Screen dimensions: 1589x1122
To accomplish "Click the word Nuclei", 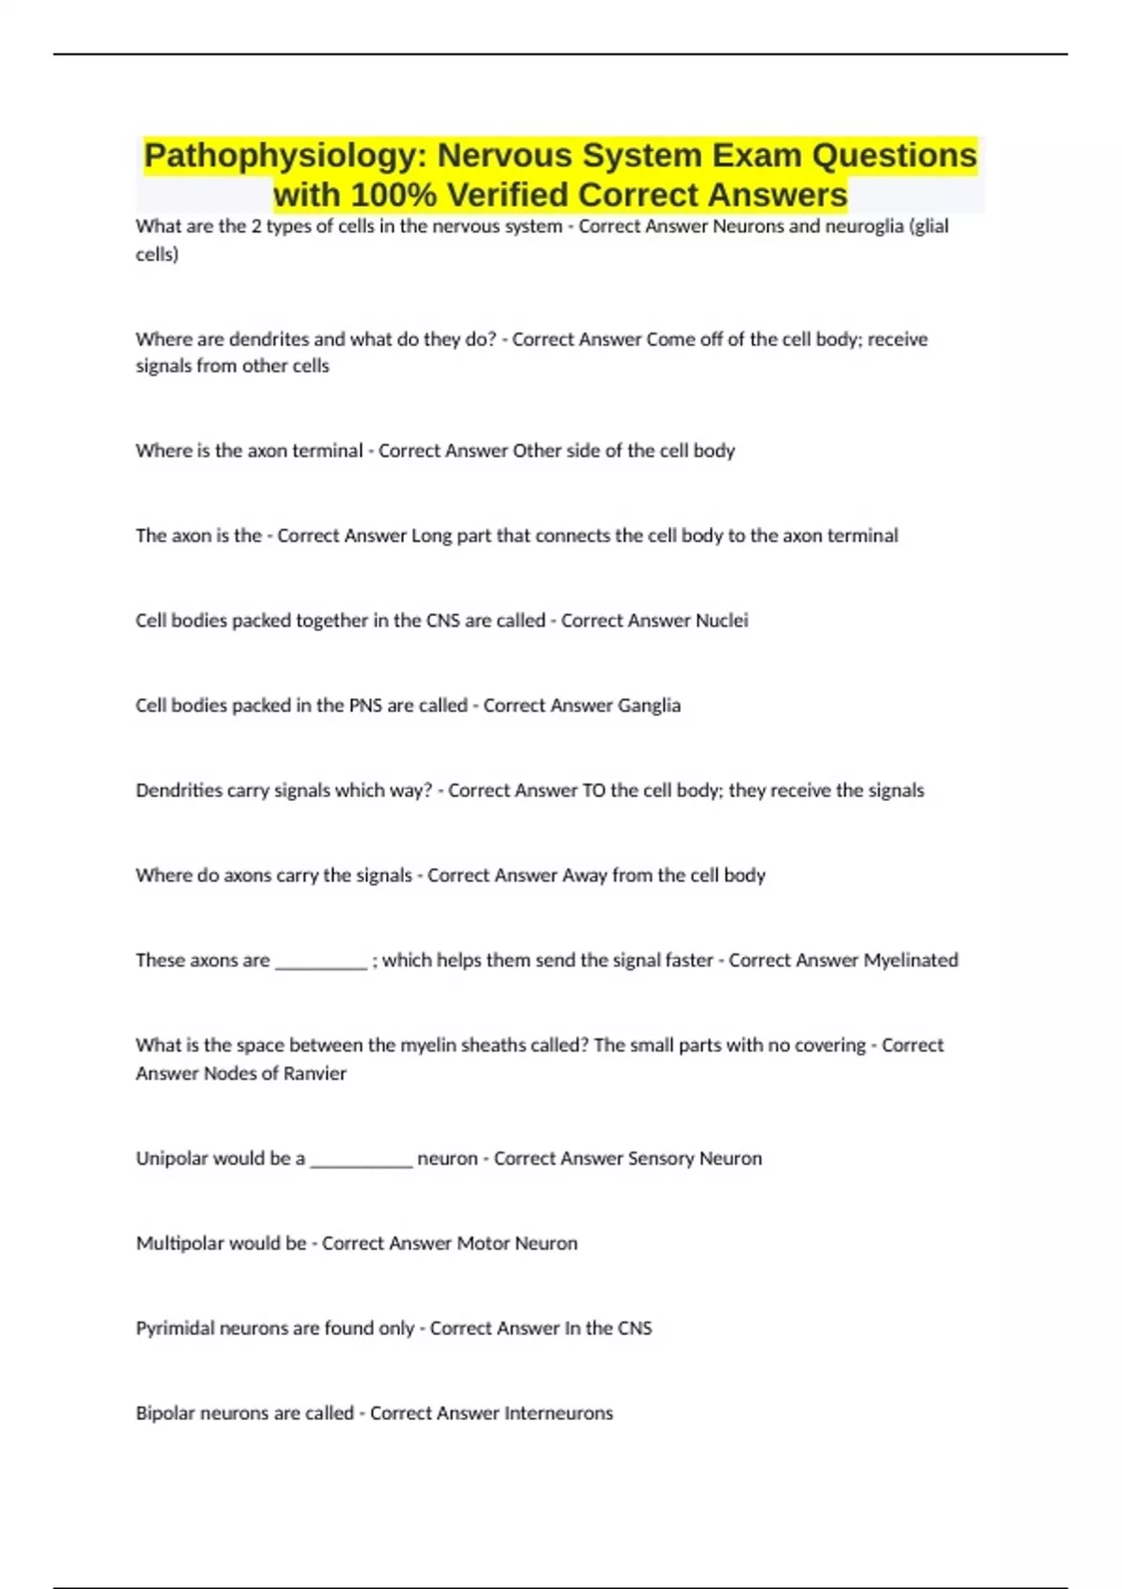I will pos(722,621).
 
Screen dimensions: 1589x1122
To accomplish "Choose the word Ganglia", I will pos(649,706).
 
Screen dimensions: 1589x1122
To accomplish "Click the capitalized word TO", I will pos(594,791).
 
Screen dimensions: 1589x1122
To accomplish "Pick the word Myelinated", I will pos(911,961).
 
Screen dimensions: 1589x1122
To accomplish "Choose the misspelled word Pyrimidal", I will pos(175,1329).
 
